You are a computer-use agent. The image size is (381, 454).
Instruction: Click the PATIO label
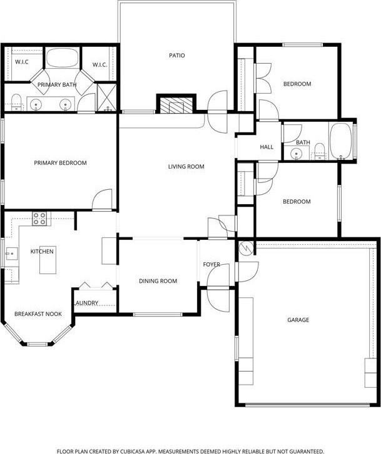point(177,56)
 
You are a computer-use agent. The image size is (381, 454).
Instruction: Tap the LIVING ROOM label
point(186,167)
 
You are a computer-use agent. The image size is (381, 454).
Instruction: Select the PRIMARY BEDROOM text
point(60,163)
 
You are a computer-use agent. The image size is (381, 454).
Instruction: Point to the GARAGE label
point(298,320)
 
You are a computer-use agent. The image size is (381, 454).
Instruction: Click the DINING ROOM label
point(157,281)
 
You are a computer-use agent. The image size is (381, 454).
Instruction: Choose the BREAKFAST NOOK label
point(38,313)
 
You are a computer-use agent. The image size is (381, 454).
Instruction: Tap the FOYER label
point(211,265)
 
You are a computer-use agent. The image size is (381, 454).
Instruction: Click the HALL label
point(267,147)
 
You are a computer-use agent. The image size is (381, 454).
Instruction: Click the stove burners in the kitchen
point(40,218)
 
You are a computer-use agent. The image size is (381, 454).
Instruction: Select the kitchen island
point(47,264)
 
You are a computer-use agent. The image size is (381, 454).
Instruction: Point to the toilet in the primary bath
point(16,101)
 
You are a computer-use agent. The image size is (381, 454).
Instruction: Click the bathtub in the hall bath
point(341,141)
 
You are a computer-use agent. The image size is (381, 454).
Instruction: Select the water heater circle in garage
point(245,248)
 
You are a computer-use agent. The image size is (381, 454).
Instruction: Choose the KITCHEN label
point(43,252)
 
